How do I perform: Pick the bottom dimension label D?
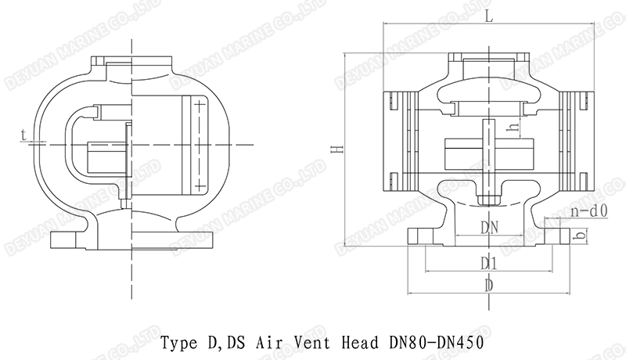click(x=488, y=286)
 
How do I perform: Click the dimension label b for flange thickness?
click(x=579, y=235)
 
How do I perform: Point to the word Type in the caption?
click(x=178, y=342)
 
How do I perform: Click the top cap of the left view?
click(x=133, y=62)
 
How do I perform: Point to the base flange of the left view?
click(x=133, y=239)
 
